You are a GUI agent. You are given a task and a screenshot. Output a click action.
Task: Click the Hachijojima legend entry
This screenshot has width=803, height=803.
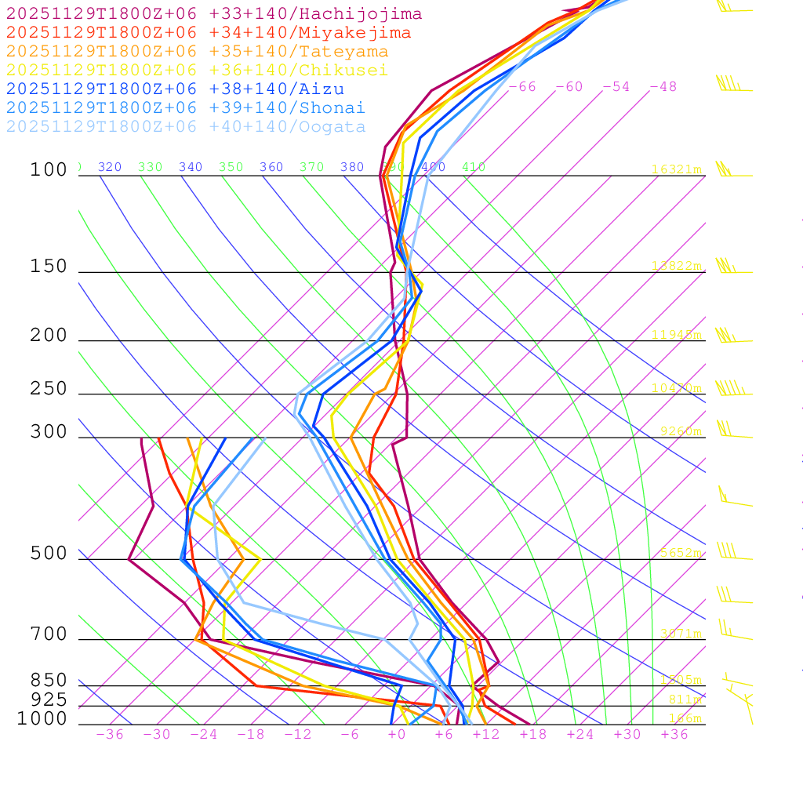click(214, 14)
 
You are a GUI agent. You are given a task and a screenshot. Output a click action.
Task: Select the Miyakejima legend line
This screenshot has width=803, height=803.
click(209, 33)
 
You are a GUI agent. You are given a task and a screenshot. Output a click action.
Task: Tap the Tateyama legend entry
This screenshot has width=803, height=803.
click(197, 52)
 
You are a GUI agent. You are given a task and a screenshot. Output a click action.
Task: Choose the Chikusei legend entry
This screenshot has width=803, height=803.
click(197, 71)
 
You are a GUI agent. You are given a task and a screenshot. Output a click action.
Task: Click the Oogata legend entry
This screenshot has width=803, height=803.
click(186, 127)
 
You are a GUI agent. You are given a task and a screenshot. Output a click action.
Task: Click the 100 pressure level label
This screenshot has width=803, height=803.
click(49, 170)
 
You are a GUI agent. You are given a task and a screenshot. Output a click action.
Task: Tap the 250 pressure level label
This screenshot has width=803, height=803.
click(49, 389)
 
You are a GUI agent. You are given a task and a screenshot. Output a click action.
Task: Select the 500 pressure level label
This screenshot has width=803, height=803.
click(49, 554)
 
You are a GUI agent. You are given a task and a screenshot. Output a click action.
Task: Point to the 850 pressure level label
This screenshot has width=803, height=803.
click(49, 681)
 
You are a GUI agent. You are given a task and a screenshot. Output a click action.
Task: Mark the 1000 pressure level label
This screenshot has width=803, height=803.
click(42, 719)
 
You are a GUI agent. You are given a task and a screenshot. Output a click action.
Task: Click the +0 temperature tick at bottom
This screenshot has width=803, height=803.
click(397, 735)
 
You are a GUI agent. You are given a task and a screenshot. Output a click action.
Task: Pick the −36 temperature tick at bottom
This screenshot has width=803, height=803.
click(109, 735)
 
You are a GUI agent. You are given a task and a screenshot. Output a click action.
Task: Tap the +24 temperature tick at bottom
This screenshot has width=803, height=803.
click(580, 735)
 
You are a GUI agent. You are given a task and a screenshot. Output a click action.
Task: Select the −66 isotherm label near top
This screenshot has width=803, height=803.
click(522, 87)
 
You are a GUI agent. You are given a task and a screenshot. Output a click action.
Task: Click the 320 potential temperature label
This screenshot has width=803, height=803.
click(110, 167)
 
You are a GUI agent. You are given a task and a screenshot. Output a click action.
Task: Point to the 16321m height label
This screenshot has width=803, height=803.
click(676, 169)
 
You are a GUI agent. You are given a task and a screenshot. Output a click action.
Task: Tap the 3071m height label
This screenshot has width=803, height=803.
click(680, 634)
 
